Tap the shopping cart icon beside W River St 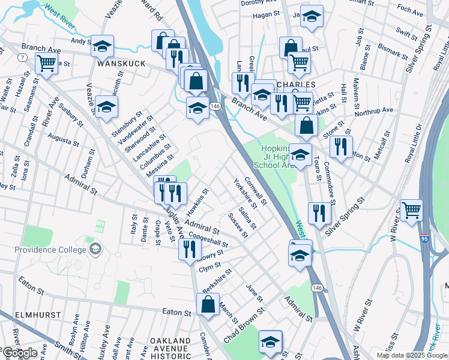pyautogui.click(x=412, y=210)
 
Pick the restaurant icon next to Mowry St pyautogui.click(x=190, y=249)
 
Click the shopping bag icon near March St pyautogui.click(x=208, y=304)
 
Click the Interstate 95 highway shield pyautogui.click(x=425, y=238)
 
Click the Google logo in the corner pyautogui.click(x=20, y=353)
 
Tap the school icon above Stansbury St pyautogui.click(x=106, y=106)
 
